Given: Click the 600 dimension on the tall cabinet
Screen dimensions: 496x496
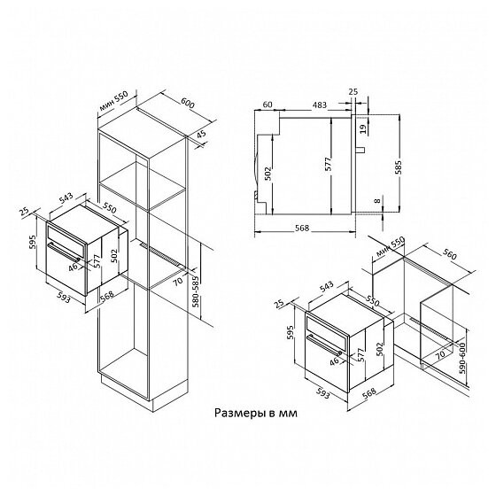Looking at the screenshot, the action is coord(188,103).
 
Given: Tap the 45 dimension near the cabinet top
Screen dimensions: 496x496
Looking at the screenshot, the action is coord(201,134).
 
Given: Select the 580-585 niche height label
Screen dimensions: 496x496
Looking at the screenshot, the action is coord(196,291).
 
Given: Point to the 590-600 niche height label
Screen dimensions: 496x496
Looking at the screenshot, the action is coord(462,358).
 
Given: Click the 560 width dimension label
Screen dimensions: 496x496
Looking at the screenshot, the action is coord(450,253).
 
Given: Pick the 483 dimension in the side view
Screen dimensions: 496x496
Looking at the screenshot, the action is coord(320,105).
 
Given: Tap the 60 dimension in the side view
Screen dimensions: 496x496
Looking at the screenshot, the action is coord(267,105).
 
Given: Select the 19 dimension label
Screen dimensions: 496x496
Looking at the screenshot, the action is coord(363,128).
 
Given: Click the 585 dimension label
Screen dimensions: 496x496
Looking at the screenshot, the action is coord(399,167).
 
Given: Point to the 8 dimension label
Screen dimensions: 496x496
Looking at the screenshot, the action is coord(377,201).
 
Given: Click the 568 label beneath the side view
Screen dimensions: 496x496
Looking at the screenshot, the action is coord(302,228).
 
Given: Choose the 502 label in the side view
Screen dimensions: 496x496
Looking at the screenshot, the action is coord(267,174).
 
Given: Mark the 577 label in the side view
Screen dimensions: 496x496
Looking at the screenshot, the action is coord(329,164).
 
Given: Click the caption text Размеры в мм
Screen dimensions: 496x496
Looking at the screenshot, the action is coord(256,413).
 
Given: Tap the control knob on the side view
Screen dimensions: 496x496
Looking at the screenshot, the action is coord(360,150).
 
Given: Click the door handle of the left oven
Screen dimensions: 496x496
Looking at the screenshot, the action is coord(64,252).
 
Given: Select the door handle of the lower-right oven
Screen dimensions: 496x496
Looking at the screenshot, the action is coord(324,345).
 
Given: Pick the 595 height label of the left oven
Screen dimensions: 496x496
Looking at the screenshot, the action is coord(33,242).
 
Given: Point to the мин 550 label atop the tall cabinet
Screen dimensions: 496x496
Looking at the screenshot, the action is coord(113,101).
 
